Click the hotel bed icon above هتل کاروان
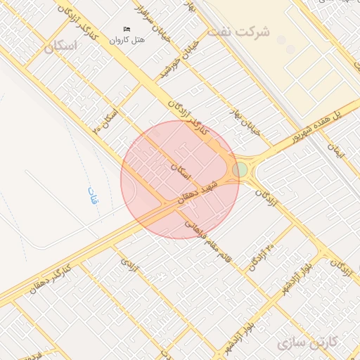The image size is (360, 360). click(x=127, y=29)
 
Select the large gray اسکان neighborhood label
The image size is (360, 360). click(x=60, y=47)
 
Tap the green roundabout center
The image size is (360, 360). click(x=240, y=169)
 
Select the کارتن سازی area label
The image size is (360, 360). click(x=307, y=343)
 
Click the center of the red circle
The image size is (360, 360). click(x=179, y=179)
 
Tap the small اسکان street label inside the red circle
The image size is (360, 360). click(x=181, y=167)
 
